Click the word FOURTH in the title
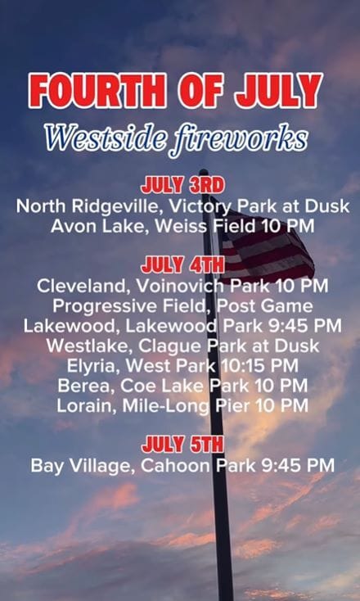(x=97, y=91)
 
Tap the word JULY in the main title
(x=279, y=91)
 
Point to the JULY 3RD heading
(x=182, y=186)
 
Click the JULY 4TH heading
(x=182, y=265)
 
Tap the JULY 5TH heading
(x=182, y=445)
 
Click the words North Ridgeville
(x=87, y=207)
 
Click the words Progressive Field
(x=132, y=306)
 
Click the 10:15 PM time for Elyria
(x=259, y=366)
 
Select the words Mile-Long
(x=167, y=405)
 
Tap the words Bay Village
(x=83, y=466)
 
